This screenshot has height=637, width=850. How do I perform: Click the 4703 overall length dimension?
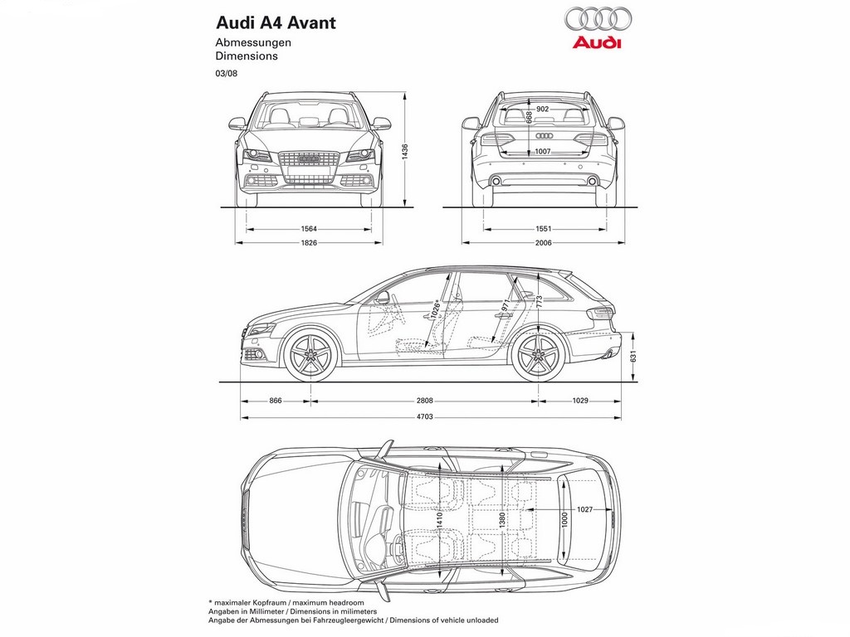(424, 417)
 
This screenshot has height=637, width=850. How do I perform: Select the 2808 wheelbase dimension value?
(424, 401)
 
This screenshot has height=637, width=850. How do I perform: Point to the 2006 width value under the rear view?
(543, 243)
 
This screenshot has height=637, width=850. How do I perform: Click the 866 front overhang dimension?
(276, 401)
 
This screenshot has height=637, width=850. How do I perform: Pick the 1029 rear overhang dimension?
(579, 401)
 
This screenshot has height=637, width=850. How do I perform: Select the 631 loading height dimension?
(633, 357)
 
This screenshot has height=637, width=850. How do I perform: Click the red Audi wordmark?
(596, 42)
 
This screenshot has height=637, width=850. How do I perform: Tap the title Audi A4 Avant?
(276, 22)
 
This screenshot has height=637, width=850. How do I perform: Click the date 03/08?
(226, 74)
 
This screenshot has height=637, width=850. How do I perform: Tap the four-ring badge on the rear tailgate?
(543, 135)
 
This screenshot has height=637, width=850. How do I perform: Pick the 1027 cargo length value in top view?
(584, 509)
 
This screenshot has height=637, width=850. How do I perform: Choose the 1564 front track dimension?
(309, 229)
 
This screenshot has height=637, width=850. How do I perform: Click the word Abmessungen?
(253, 43)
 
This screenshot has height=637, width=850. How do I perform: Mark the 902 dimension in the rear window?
(542, 109)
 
